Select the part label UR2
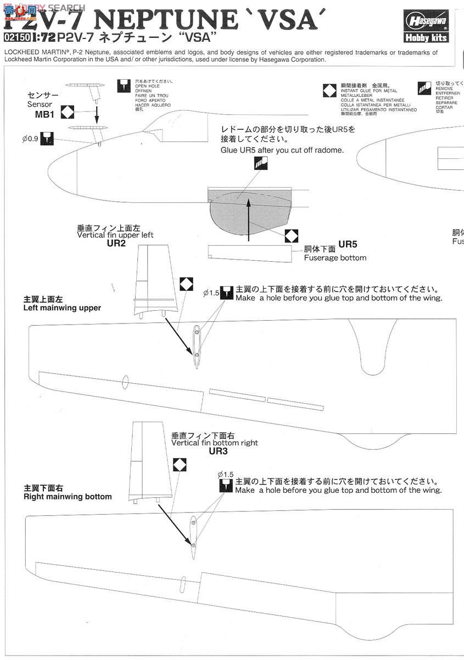coord(116,243)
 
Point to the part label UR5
coord(348,244)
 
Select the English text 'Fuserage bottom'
coord(335,257)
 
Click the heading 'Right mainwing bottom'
coord(68,497)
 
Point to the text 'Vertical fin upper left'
coord(115,235)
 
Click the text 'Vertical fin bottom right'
coord(214,443)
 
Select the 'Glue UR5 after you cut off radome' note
coord(282,150)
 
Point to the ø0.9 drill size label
coord(30,139)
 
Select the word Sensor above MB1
coord(40,105)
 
